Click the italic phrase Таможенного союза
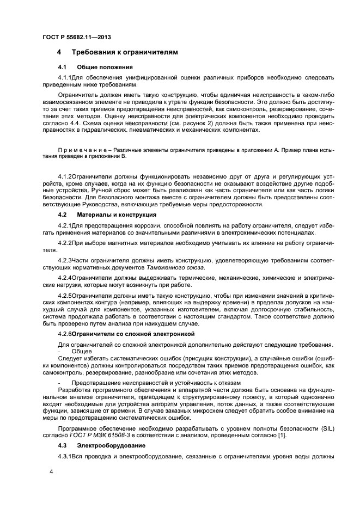tap(175, 267)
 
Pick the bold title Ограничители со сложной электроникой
tap(133, 333)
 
